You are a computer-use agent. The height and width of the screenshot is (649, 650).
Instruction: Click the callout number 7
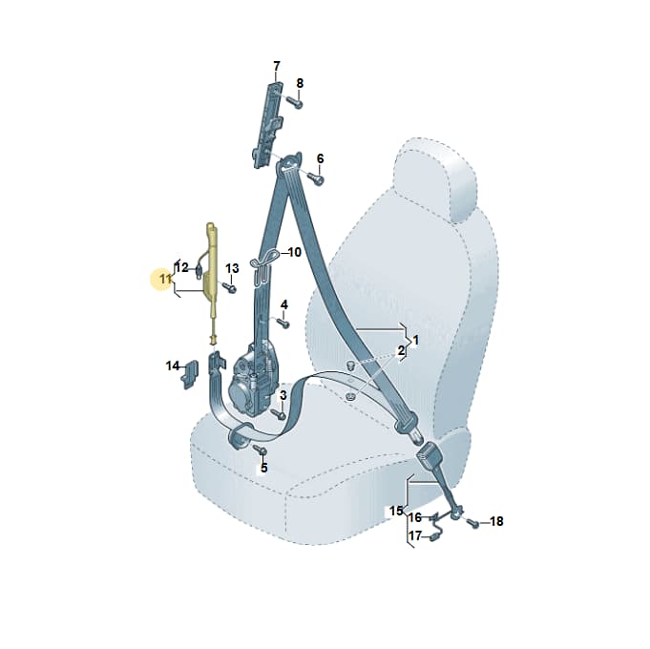click(x=277, y=66)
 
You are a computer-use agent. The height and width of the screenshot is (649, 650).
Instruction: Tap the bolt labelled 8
click(x=295, y=101)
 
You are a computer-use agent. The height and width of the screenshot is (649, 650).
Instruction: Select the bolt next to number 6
click(x=316, y=178)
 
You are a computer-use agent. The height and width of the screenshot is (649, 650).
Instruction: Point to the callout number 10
click(x=295, y=252)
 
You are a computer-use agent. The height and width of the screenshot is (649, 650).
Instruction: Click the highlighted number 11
click(x=165, y=279)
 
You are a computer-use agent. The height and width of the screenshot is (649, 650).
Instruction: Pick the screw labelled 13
click(x=229, y=286)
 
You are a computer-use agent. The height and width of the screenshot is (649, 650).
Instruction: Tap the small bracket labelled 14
click(x=190, y=373)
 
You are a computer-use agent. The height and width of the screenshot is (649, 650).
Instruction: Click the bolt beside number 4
click(x=283, y=323)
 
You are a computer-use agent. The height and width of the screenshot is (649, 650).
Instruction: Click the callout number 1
click(x=416, y=341)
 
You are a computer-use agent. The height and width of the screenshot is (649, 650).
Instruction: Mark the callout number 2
click(x=401, y=350)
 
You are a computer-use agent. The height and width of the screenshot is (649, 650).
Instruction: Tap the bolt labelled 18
click(x=473, y=523)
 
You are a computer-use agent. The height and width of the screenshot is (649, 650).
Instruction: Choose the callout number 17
click(x=415, y=535)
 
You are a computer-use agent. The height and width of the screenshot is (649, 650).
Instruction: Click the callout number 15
click(x=396, y=511)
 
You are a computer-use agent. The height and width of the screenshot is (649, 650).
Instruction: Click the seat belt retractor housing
click(x=252, y=381)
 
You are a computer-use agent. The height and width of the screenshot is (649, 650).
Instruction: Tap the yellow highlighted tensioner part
click(x=213, y=282)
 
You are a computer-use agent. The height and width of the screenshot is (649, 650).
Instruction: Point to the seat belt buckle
click(x=430, y=457)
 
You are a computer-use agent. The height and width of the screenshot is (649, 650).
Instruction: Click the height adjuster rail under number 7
click(x=267, y=124)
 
